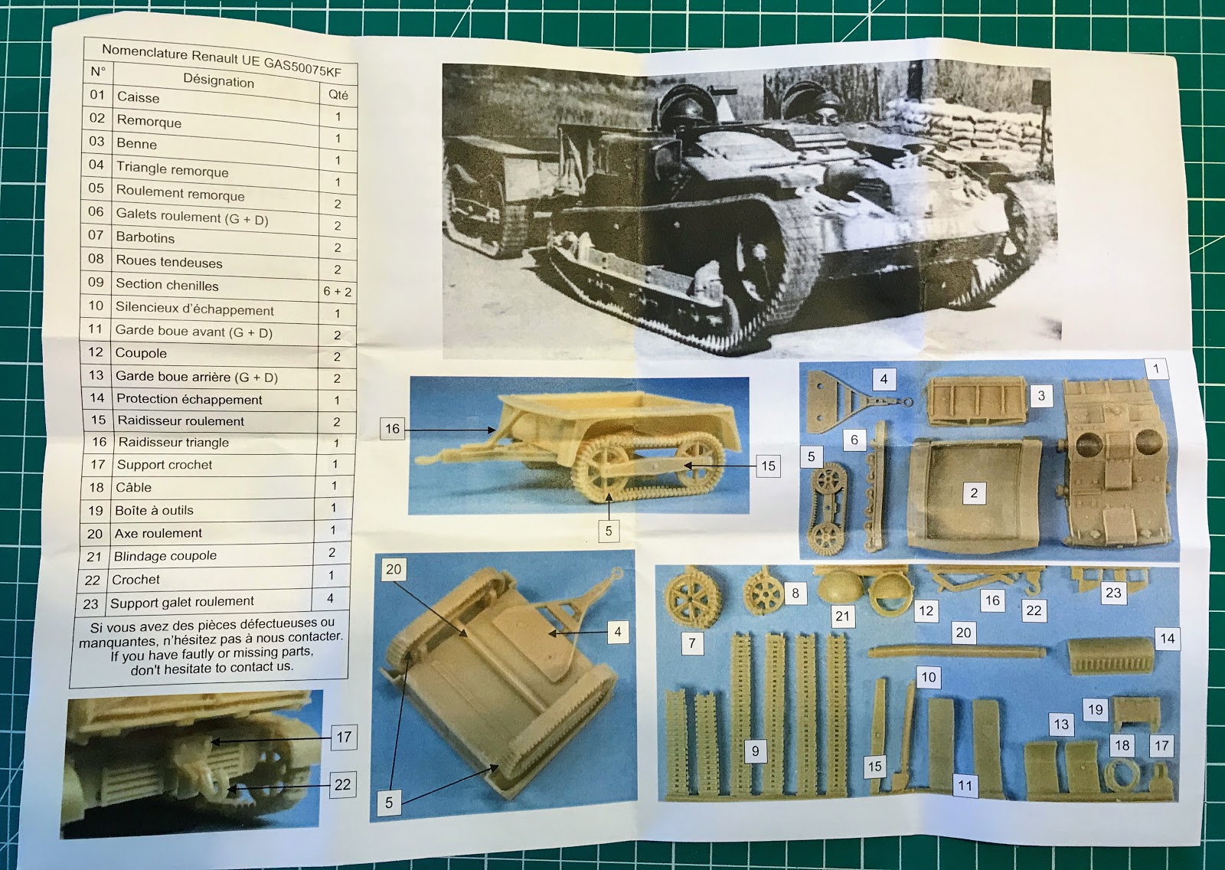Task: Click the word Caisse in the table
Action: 139,97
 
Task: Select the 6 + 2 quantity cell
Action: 337,291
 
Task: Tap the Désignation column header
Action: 218,80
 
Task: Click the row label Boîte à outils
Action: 154,510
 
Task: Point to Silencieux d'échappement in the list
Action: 194,309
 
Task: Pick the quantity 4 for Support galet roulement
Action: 331,598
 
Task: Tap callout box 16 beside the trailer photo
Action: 392,429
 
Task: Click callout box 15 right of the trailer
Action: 767,466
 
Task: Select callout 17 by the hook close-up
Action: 344,737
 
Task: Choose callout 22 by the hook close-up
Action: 342,784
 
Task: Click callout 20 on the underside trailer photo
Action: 394,569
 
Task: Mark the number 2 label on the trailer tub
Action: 973,492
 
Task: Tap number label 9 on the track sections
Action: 755,751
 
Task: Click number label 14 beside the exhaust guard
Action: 1167,638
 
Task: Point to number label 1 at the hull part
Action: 1155,368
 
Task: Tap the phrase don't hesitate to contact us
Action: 211,667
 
